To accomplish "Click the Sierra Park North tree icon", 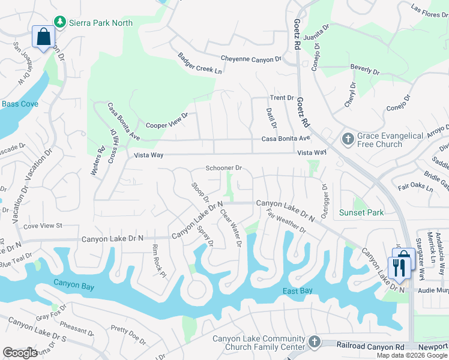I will point(60,22).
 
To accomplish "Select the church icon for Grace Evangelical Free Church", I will point(348,140).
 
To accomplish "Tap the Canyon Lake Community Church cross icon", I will point(313,342).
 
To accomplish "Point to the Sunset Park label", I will point(361,212).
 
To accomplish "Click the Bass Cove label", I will point(20,104).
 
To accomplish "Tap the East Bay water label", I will point(298,291).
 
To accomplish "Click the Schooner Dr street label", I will point(223,169).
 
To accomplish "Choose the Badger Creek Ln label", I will point(199,64).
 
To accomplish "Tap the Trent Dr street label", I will point(282,98).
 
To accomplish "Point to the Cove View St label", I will point(43,226).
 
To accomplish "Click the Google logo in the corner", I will point(20,352).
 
